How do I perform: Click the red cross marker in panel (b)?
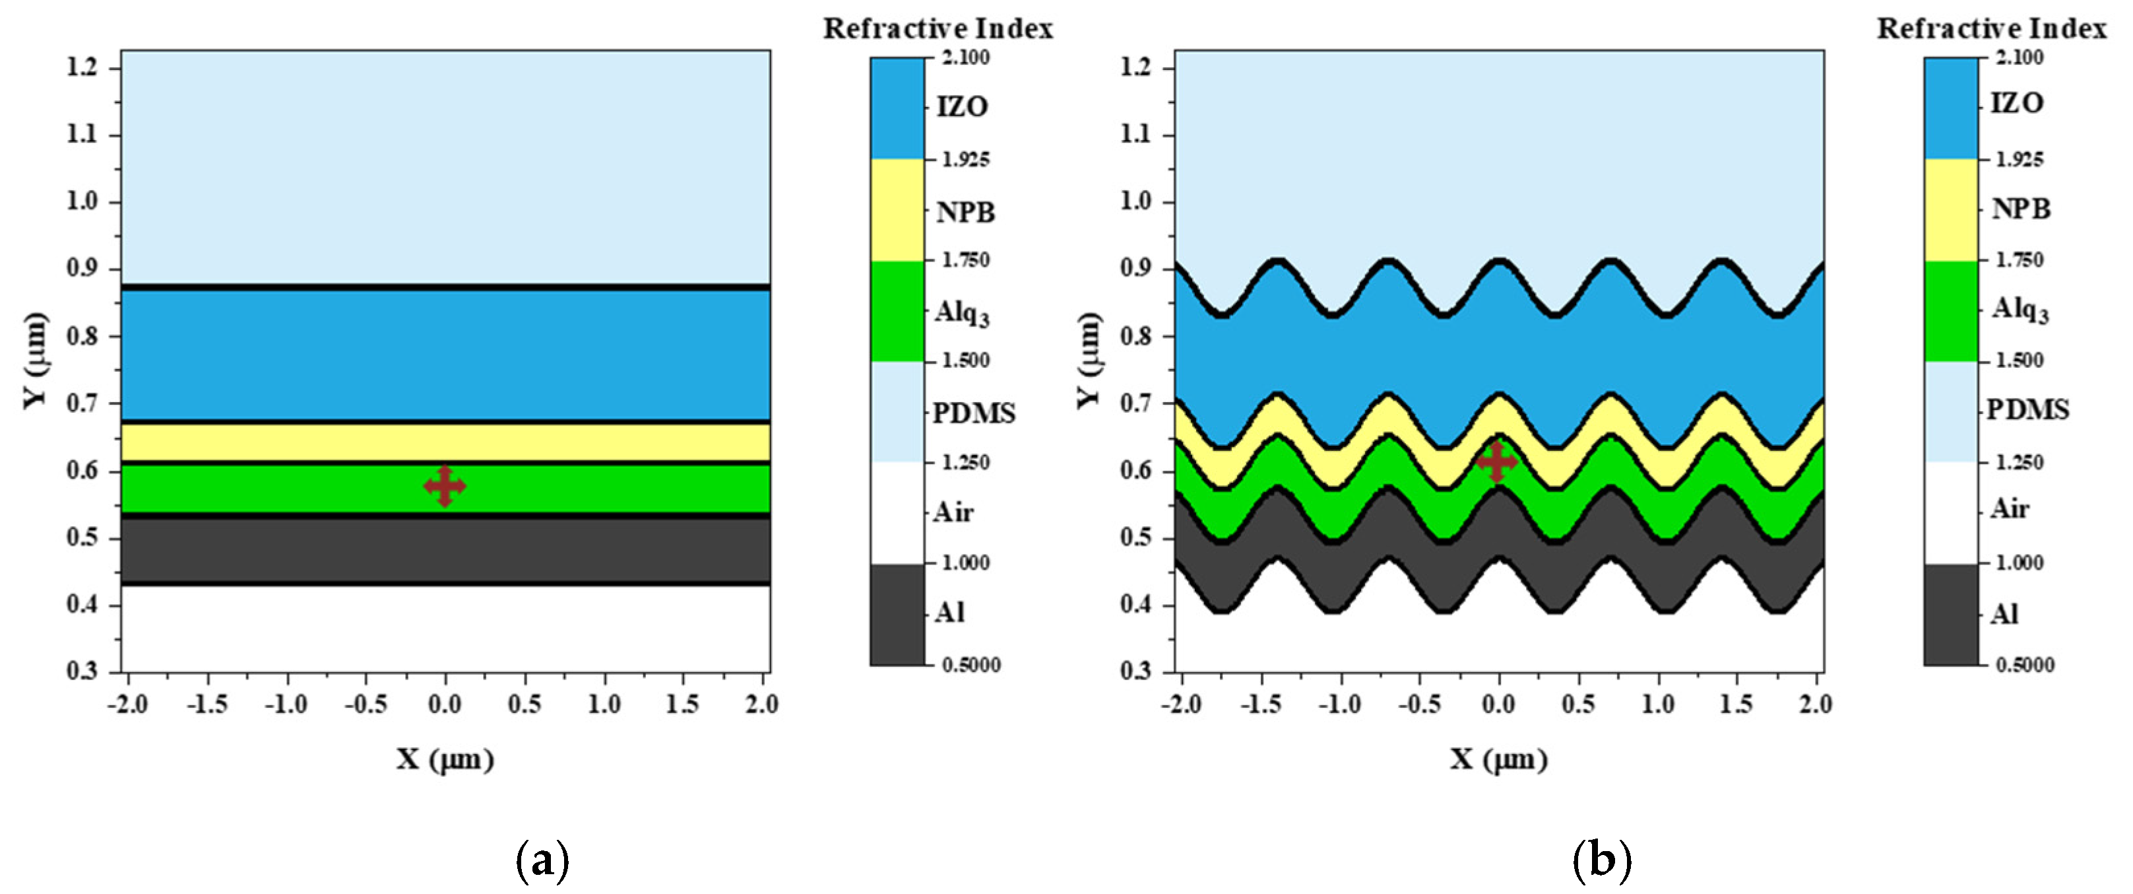pos(1496,462)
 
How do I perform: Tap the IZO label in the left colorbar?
pos(962,107)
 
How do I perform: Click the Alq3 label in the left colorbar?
pos(962,313)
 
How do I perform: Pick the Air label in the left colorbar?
pos(953,512)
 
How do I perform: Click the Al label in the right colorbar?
pos(2004,614)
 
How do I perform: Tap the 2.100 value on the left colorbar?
pos(965,57)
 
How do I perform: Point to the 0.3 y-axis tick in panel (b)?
pos(1136,670)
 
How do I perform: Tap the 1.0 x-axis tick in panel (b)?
pos(1658,705)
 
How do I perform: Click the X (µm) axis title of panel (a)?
pos(445,759)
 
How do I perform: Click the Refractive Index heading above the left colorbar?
pos(938,29)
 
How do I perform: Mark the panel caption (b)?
pos(1601,861)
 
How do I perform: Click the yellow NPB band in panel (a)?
pos(445,442)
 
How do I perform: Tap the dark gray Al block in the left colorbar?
pos(897,614)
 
